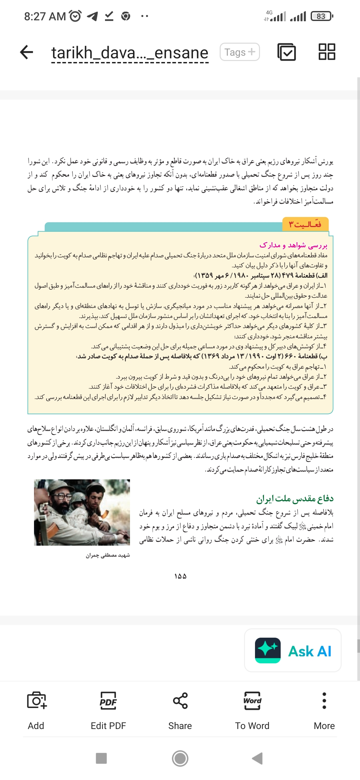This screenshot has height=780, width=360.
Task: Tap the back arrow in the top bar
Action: click(27, 52)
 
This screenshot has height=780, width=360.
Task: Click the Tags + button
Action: click(240, 52)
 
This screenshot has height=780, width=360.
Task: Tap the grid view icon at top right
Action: click(327, 52)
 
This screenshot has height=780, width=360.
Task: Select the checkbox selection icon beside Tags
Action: click(286, 52)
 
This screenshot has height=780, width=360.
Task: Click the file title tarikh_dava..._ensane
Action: click(130, 53)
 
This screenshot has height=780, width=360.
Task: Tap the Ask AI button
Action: click(293, 650)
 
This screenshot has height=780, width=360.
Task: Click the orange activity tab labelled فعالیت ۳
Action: click(305, 224)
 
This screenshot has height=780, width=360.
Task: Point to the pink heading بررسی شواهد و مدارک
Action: click(293, 245)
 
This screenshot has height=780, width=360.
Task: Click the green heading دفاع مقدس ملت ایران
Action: click(295, 498)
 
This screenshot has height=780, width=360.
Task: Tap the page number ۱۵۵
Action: click(180, 576)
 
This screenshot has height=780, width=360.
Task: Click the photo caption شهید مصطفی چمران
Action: click(108, 555)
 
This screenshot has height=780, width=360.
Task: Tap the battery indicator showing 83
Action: click(321, 16)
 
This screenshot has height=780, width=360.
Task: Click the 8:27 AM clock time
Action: click(45, 16)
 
